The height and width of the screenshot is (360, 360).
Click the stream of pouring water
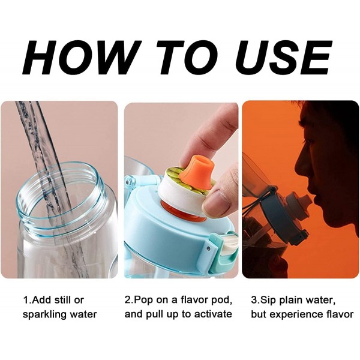45,156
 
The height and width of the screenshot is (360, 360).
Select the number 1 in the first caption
25,299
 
